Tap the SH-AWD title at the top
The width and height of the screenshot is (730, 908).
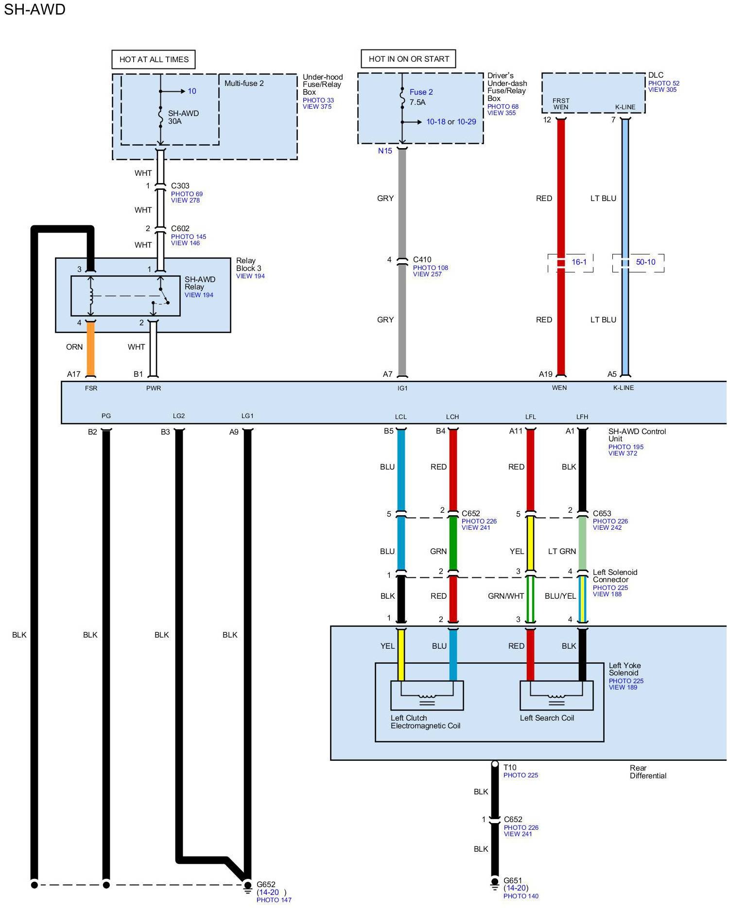pos(35,9)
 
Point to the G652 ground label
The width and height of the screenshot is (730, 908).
pos(266,884)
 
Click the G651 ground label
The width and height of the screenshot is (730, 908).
pos(513,880)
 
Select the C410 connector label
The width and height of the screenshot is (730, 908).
pos(422,260)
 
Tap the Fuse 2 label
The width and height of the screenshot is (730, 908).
pos(421,92)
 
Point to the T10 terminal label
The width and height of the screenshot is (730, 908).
pos(510,767)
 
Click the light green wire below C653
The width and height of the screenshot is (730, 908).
pos(582,544)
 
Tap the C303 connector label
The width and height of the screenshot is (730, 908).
pos(180,185)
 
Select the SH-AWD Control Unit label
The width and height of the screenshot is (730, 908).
pos(637,435)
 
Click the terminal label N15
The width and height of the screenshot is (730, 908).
pos(385,151)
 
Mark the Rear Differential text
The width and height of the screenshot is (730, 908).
pos(648,772)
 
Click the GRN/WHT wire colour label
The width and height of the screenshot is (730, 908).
pos(506,596)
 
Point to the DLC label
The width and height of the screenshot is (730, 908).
pos(656,75)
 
